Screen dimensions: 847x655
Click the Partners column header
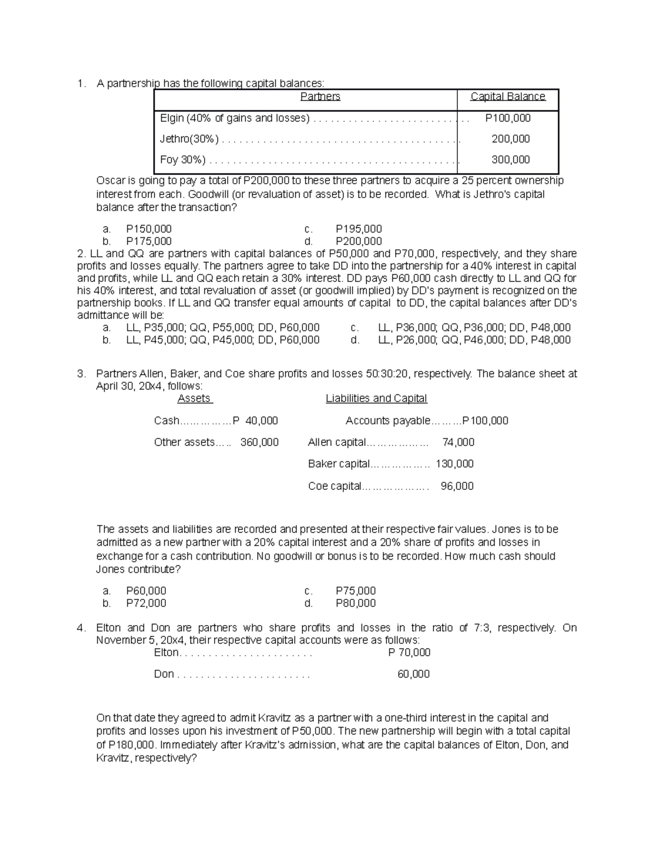coord(320,97)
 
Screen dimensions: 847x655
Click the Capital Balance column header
coord(508,97)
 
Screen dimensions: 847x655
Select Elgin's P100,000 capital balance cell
coord(508,118)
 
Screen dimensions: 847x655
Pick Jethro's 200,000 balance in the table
coord(510,139)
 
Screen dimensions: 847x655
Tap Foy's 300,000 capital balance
coord(510,159)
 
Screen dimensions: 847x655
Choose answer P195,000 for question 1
coord(359,229)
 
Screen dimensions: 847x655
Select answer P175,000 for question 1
coord(148,241)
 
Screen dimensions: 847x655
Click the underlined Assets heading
coord(194,398)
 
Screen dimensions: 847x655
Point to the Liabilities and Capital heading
coord(376,398)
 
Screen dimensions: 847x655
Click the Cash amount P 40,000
coord(255,421)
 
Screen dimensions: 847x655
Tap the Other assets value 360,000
coord(259,442)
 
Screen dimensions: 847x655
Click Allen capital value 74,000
coord(458,442)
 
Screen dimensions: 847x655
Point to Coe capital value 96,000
coord(457,485)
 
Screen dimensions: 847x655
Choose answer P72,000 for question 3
coord(146,603)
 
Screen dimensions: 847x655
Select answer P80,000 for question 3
coord(355,603)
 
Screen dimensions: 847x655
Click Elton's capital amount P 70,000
coord(409,652)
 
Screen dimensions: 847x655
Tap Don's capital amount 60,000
coord(413,674)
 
